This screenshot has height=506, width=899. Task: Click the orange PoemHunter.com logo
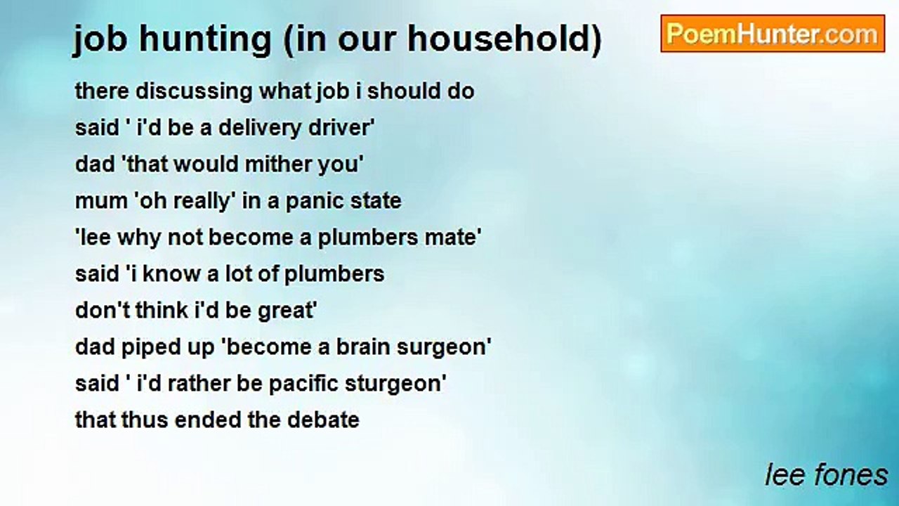pos(773,34)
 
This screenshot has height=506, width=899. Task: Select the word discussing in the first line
pos(195,91)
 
